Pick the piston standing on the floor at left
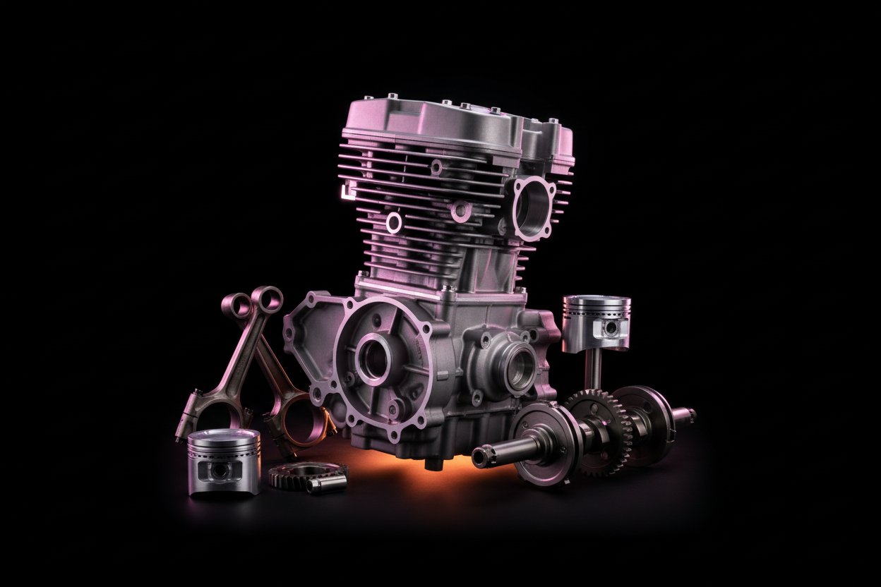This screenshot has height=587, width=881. [224, 461]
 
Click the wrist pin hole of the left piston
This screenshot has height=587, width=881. [220, 471]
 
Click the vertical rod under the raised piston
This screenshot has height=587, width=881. [595, 370]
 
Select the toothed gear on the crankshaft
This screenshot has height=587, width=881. [598, 431]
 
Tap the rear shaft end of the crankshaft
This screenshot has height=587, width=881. [685, 415]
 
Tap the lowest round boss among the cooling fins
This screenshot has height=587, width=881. [393, 223]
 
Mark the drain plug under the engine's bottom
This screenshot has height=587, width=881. [432, 464]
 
